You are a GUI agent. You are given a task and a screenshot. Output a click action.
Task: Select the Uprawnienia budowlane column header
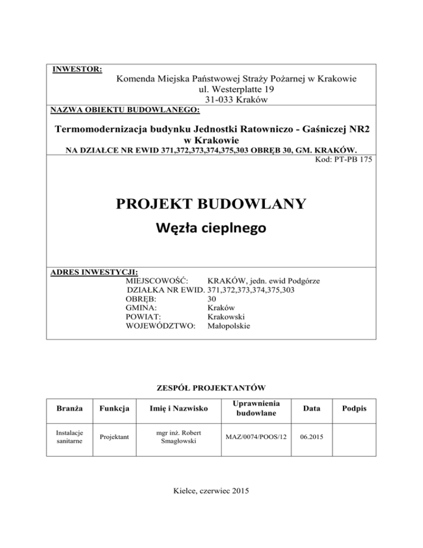click(257, 409)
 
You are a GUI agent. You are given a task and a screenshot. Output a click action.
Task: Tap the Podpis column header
click(356, 409)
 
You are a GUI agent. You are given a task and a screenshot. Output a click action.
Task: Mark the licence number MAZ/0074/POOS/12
click(257, 437)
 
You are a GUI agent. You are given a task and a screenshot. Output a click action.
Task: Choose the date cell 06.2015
click(313, 437)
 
